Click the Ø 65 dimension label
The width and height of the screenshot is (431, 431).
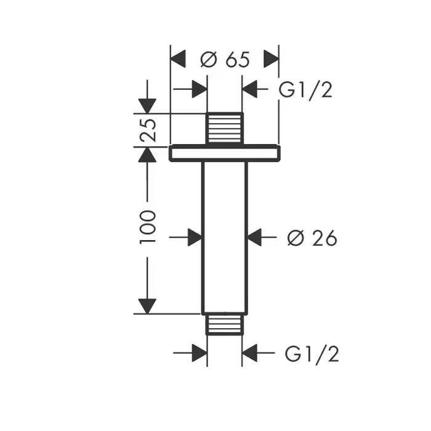tap(225, 60)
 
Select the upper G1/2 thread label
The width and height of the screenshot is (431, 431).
tap(305, 90)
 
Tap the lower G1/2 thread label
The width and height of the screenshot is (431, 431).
tap(312, 354)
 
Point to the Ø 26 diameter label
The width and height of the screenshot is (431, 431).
tap(312, 238)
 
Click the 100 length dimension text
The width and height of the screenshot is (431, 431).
tap(148, 226)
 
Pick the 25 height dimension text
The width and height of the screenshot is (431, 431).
tap(148, 129)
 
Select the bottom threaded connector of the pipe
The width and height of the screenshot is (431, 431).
tap(225, 324)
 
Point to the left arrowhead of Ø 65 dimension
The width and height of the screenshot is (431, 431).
tap(177, 60)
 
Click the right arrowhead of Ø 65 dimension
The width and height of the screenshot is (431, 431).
tap(272, 60)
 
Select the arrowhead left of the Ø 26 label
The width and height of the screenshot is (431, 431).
tap(254, 237)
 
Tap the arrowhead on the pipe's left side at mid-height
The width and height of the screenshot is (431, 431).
tap(195, 237)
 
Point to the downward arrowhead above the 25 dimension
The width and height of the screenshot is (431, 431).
tap(147, 105)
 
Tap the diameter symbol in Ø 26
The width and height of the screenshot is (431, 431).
tap(294, 238)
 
